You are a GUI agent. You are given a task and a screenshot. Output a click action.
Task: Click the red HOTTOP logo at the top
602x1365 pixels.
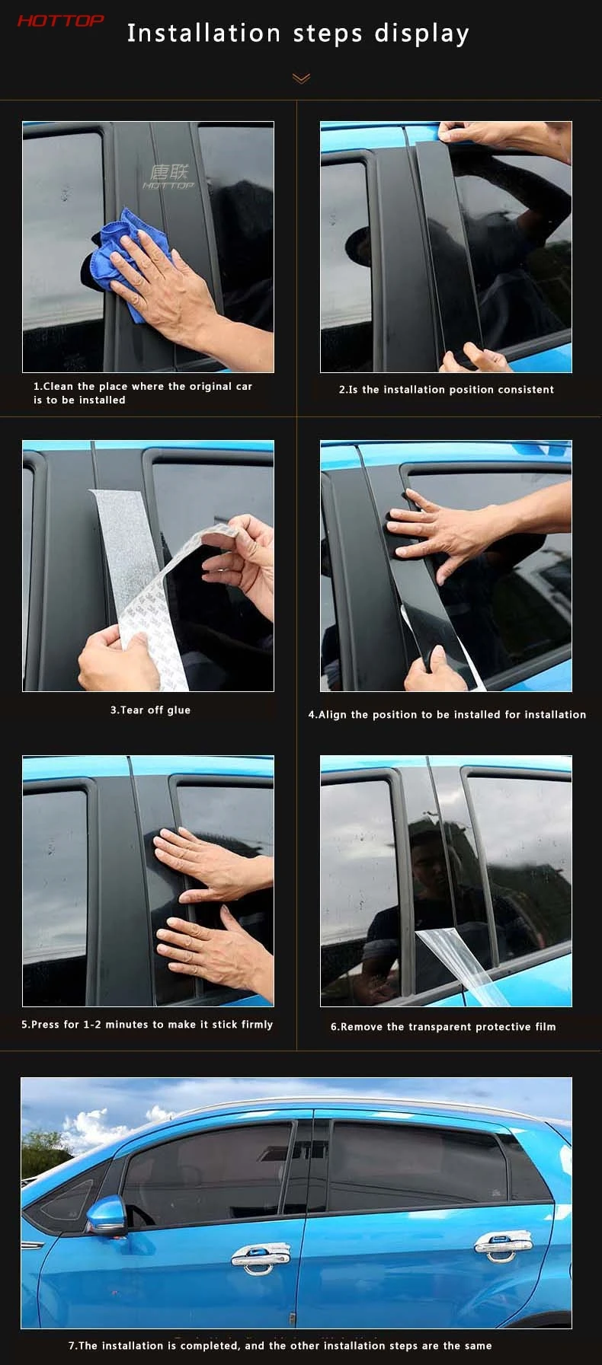point(60,21)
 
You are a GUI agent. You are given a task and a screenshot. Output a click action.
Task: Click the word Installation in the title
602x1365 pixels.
point(204,33)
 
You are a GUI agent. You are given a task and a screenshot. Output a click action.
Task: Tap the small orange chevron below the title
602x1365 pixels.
point(301,78)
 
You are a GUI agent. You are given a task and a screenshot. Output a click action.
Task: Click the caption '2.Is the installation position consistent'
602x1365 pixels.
point(447,389)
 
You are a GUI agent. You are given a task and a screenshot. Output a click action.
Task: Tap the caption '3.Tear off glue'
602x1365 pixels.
point(150,710)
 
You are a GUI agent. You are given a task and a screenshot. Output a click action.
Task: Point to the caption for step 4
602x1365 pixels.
point(447,714)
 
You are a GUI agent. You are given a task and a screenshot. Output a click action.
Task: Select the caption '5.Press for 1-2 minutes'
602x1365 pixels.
point(147,1024)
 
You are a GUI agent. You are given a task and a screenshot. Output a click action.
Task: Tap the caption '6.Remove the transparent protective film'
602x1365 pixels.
point(443,1026)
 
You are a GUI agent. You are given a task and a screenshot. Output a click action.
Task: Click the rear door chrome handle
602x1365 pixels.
point(500,1245)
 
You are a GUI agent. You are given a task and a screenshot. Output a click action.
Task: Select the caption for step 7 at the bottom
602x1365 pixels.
point(280,1345)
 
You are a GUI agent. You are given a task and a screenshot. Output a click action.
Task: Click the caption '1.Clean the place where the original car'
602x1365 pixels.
point(142,386)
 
